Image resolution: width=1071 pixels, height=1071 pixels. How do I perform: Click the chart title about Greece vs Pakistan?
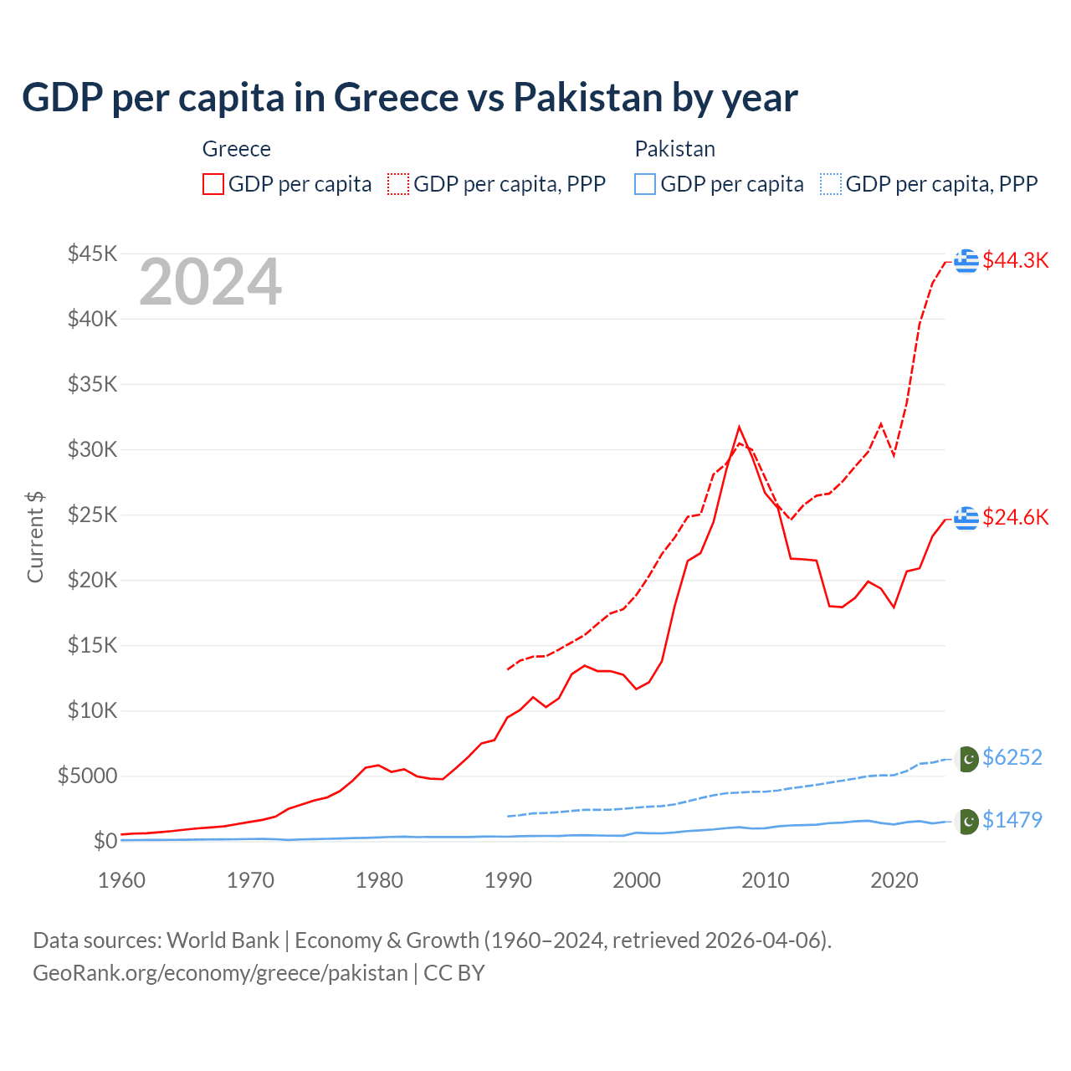(x=409, y=97)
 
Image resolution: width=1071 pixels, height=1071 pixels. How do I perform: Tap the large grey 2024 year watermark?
(x=210, y=282)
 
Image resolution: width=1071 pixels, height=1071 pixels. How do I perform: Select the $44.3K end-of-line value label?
(x=1015, y=260)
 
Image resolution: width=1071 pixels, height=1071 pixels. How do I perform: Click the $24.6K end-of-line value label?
(x=1015, y=517)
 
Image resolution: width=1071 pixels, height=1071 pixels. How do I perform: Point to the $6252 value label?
(x=1012, y=757)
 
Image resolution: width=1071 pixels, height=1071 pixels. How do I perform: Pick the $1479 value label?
(x=1012, y=820)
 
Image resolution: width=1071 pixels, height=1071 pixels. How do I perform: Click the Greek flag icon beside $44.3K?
(x=966, y=260)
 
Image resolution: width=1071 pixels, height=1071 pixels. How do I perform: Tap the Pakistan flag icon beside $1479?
(x=967, y=822)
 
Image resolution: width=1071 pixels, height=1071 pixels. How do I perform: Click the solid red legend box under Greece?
(x=213, y=184)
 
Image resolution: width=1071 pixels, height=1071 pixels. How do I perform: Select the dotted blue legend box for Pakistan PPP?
(x=831, y=184)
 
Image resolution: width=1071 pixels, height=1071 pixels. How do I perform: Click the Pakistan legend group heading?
(x=674, y=149)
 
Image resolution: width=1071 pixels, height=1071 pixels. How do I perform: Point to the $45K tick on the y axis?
(x=92, y=254)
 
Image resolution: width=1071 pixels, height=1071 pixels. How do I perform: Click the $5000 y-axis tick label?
(x=87, y=776)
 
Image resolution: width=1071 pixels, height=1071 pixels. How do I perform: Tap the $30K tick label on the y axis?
(x=92, y=449)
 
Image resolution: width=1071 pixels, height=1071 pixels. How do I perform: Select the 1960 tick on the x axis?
(x=122, y=880)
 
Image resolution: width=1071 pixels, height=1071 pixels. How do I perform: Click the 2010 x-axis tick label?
(x=766, y=880)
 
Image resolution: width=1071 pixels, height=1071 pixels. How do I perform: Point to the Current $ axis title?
(x=35, y=537)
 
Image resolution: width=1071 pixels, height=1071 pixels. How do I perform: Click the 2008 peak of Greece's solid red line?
(x=739, y=428)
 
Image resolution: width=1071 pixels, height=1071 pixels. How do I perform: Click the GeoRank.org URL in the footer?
(x=220, y=973)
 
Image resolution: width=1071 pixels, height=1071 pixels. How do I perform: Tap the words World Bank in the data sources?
(x=223, y=940)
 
